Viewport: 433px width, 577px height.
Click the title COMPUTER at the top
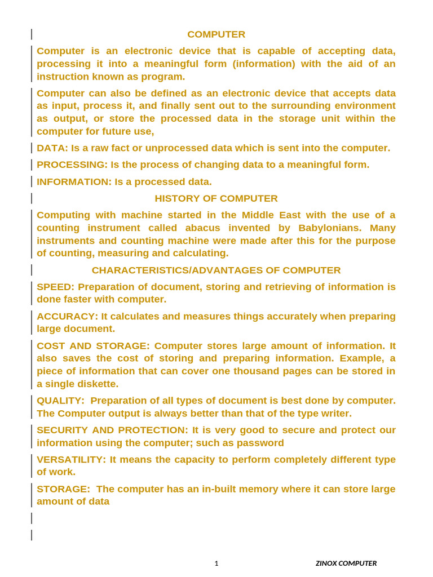pos(216,34)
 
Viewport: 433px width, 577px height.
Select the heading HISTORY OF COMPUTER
pos(216,198)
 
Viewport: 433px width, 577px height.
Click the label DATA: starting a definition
pos(52,148)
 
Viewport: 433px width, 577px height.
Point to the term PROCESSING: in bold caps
pos(72,165)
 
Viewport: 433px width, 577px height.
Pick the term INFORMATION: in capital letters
pos(74,181)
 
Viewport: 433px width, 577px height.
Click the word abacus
pos(250,228)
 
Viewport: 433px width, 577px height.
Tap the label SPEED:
pos(55,287)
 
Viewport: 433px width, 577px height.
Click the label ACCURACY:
pos(67,316)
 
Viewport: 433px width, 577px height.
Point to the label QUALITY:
pos(60,401)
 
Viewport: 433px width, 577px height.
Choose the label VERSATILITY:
pos(71,459)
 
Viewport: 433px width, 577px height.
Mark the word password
pos(261,443)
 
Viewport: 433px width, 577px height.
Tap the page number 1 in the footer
pos(216,563)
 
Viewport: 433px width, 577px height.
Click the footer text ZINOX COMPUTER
pos(346,563)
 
